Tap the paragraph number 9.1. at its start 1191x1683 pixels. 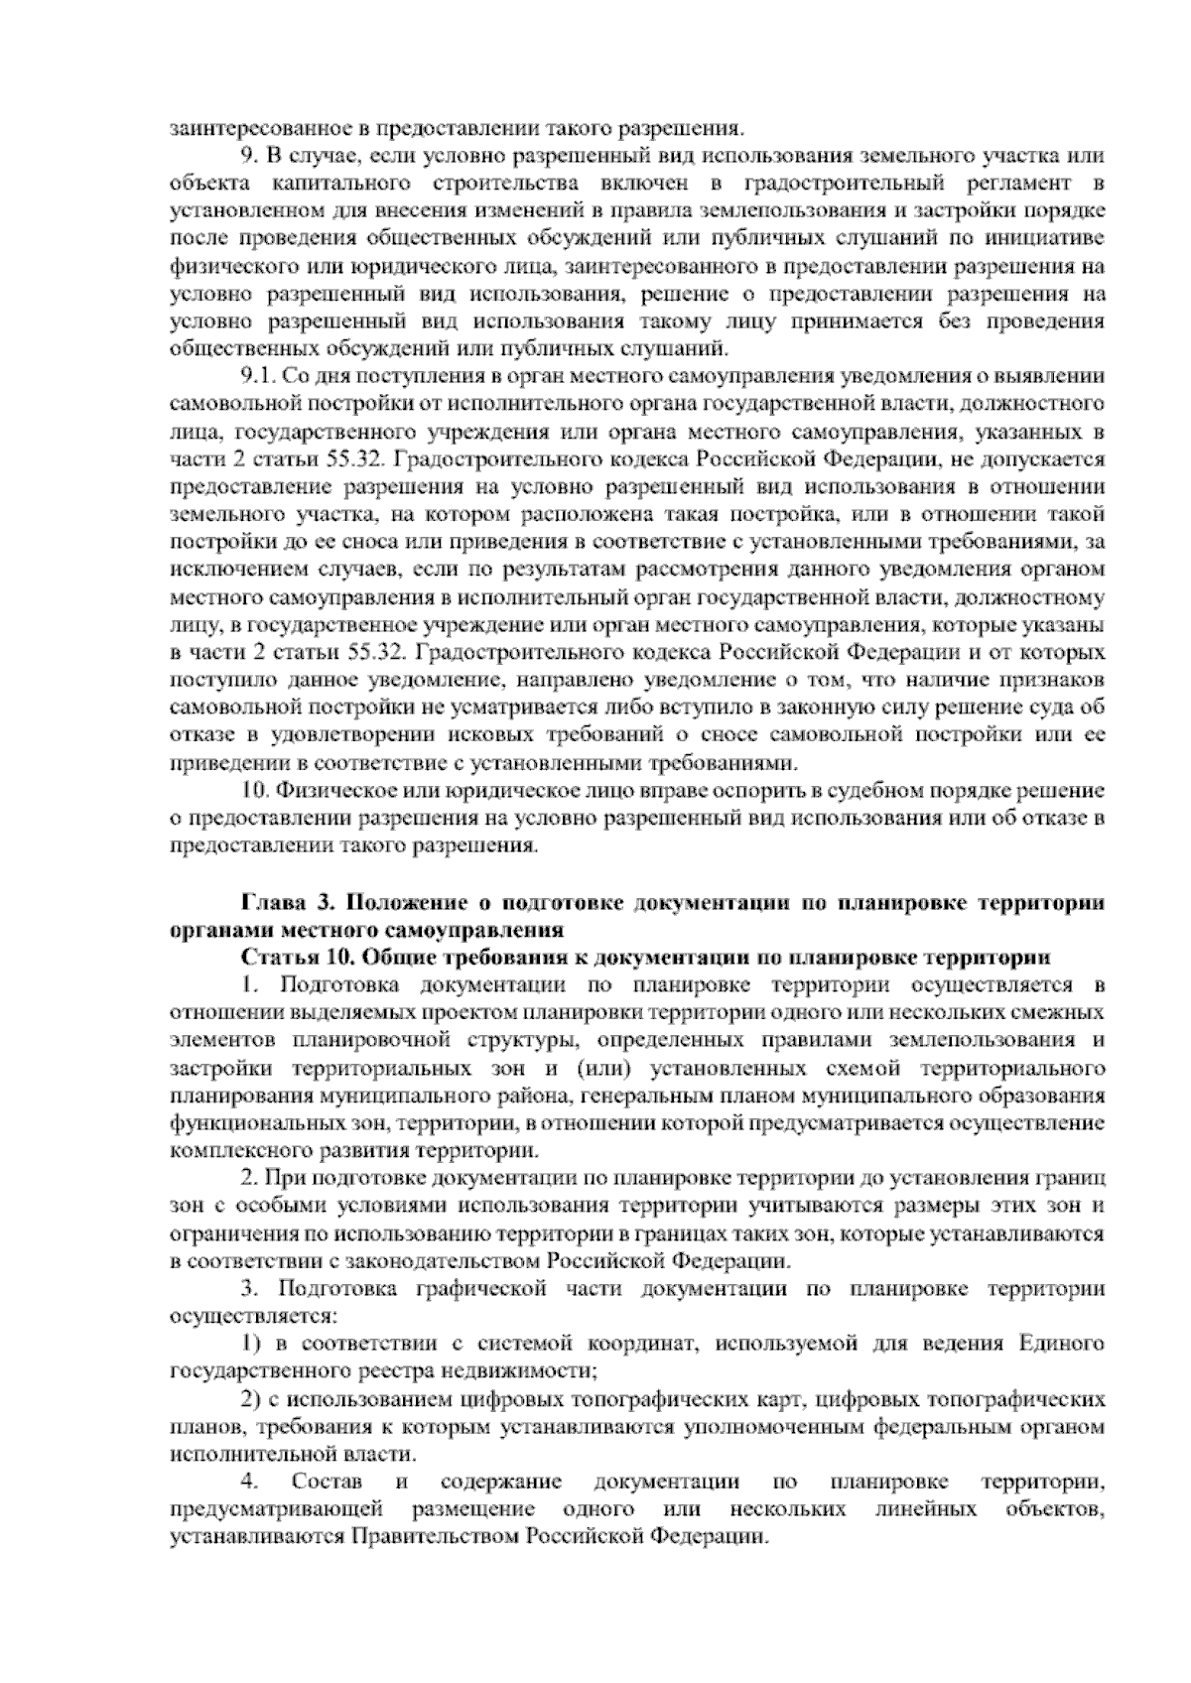[259, 376]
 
